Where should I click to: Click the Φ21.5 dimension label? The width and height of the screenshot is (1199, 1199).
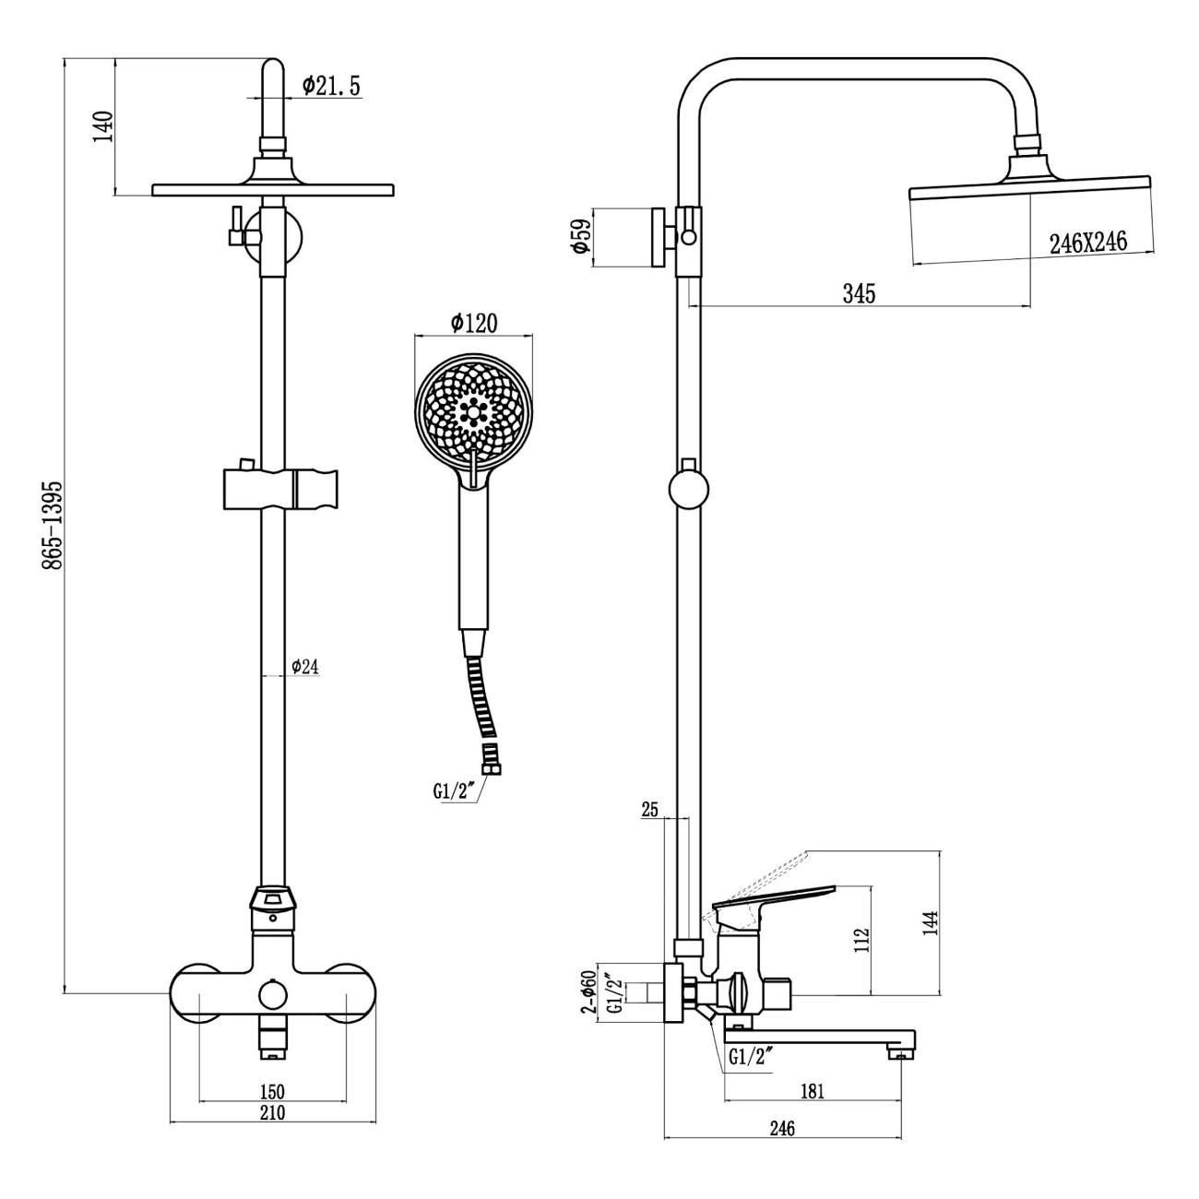pyautogui.click(x=331, y=86)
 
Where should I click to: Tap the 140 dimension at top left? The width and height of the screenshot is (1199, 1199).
pyautogui.click(x=103, y=126)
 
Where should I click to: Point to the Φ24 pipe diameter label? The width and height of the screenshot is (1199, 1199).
pyautogui.click(x=304, y=667)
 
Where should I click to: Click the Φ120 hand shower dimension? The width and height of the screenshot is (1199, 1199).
pyautogui.click(x=474, y=323)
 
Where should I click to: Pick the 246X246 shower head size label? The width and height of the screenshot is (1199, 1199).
pyautogui.click(x=1087, y=243)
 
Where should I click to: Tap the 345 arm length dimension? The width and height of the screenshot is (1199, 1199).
pyautogui.click(x=859, y=293)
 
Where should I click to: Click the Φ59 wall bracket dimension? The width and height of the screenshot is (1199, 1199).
pyautogui.click(x=579, y=238)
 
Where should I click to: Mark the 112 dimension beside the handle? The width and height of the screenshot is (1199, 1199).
pyautogui.click(x=862, y=940)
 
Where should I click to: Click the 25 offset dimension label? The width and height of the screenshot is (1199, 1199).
pyautogui.click(x=650, y=810)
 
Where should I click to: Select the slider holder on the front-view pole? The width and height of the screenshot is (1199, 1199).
pyautogui.click(x=280, y=489)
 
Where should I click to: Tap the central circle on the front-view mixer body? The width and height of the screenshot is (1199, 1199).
pyautogui.click(x=272, y=995)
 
